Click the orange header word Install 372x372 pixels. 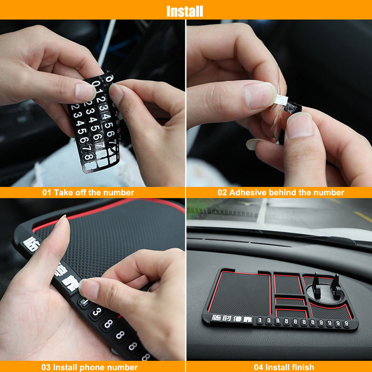185,11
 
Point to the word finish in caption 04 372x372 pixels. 301,367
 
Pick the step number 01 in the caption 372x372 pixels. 47,193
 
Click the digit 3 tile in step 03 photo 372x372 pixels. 95,312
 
